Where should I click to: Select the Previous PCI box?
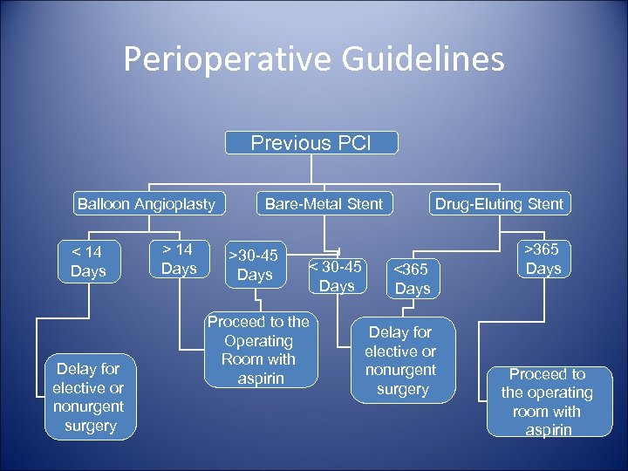pos(311,143)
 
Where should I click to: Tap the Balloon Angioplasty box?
pos(146,204)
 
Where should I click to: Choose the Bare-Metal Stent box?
pos(324,204)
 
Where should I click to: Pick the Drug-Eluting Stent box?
pos(500,204)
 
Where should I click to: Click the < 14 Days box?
pos(88,262)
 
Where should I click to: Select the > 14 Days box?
pos(179,260)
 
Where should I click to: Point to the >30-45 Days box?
pos(255,265)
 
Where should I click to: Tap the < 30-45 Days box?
pos(337,276)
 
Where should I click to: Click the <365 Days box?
pos(413,278)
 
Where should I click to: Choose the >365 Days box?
pos(543,258)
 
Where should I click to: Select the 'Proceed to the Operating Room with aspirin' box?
pos(258,350)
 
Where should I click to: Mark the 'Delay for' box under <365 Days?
pos(401,360)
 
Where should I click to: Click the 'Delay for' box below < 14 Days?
pos(89,397)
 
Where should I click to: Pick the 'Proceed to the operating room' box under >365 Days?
pos(548,401)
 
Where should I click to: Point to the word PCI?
pos(353,143)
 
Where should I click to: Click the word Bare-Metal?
pos(302,204)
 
